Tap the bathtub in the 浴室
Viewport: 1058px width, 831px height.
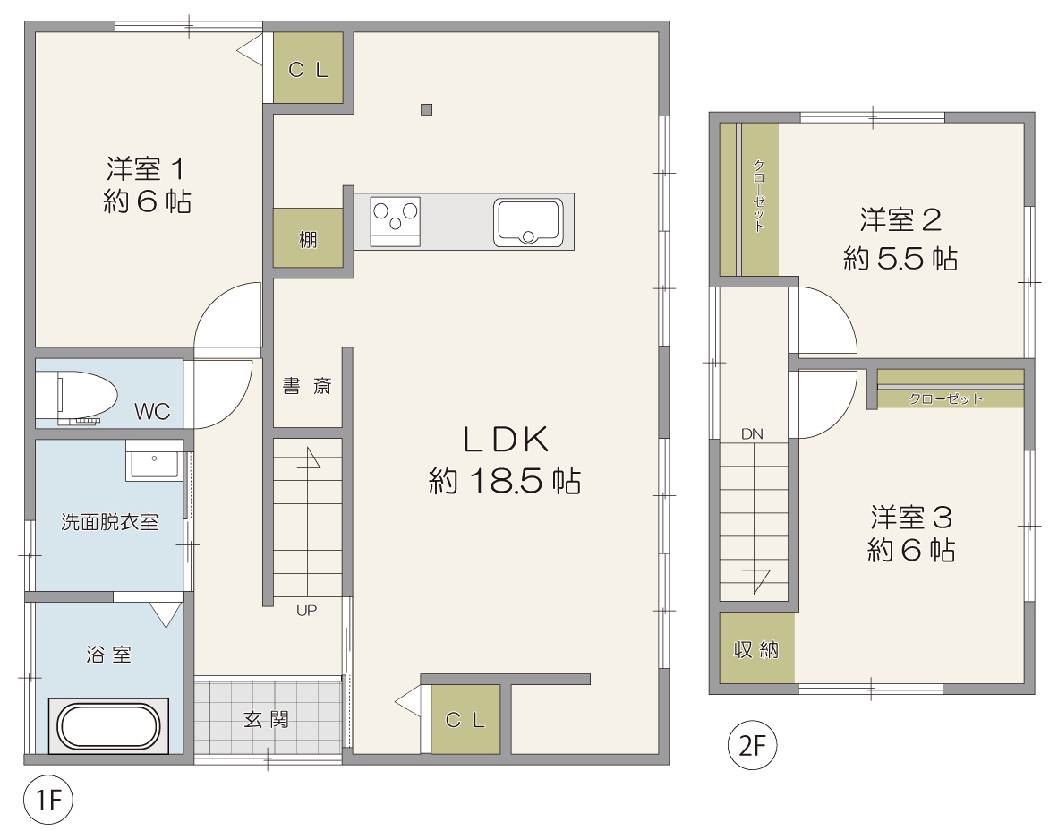tap(108, 726)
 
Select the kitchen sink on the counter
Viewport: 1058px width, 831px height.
tap(528, 222)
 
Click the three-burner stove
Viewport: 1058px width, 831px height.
tap(396, 221)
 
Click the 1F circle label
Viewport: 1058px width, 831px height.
tap(48, 801)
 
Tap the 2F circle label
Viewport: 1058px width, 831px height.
tap(753, 746)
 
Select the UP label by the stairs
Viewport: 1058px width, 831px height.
tap(306, 610)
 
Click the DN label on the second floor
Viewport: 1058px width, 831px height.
tap(752, 434)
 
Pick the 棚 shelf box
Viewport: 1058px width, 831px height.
tap(308, 237)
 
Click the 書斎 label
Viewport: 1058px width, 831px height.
tap(307, 386)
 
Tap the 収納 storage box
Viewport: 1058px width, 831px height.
tap(757, 648)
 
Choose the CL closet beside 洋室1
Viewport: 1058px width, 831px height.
tap(308, 68)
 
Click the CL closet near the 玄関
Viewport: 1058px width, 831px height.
tap(465, 720)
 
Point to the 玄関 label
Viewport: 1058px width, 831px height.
tap(267, 720)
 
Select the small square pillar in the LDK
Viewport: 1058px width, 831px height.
tap(426, 109)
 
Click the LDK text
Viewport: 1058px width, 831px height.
tap(506, 440)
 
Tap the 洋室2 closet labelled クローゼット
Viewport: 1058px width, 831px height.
tap(759, 199)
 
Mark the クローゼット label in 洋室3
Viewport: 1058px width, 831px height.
tap(945, 399)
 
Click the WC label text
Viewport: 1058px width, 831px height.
tap(152, 412)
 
